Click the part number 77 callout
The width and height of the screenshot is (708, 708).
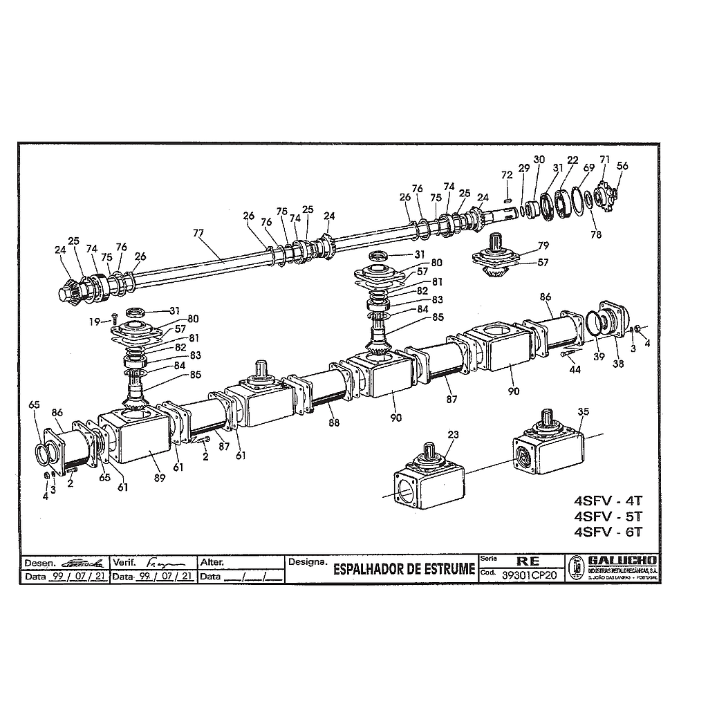(x=199, y=233)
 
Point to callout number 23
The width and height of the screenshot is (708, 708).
(x=453, y=435)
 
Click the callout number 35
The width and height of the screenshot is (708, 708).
(x=583, y=412)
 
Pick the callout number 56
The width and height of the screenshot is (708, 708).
(x=622, y=166)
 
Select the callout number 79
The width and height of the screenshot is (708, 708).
(x=543, y=245)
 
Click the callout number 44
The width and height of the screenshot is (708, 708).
(x=575, y=370)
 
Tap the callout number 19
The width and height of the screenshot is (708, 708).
(x=94, y=321)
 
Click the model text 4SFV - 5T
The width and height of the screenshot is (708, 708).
(x=608, y=516)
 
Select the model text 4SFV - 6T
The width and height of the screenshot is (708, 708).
(x=608, y=532)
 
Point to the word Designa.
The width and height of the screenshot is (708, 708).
(x=308, y=562)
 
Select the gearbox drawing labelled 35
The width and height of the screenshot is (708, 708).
(x=550, y=446)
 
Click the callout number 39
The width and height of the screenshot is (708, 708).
(x=598, y=357)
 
